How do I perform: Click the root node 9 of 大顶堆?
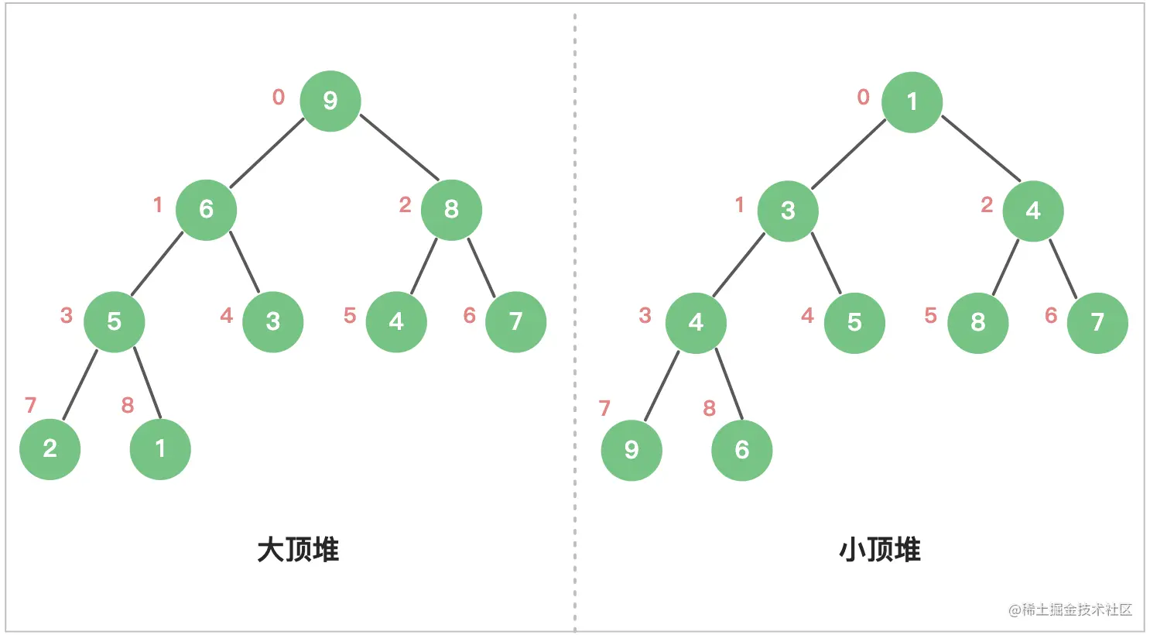click(330, 101)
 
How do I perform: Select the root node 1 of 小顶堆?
click(912, 101)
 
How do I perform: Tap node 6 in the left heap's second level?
click(206, 210)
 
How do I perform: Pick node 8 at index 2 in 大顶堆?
click(451, 210)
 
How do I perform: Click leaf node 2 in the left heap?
click(50, 449)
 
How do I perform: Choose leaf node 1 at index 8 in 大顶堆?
click(160, 449)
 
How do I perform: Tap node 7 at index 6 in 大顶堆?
click(515, 321)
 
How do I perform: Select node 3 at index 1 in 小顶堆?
click(788, 211)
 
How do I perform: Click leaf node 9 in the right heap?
click(631, 450)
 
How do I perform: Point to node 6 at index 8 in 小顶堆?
click(742, 450)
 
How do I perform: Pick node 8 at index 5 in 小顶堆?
click(977, 323)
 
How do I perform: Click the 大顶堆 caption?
click(298, 550)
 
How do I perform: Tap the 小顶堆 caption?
click(879, 550)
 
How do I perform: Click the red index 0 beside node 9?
click(279, 97)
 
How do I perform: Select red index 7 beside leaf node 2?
click(30, 405)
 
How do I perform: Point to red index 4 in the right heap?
click(807, 315)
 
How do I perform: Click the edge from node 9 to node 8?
click(399, 147)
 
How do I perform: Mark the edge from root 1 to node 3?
click(849, 153)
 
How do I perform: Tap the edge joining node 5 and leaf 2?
click(80, 385)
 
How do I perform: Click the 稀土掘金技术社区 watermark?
click(1070, 609)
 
